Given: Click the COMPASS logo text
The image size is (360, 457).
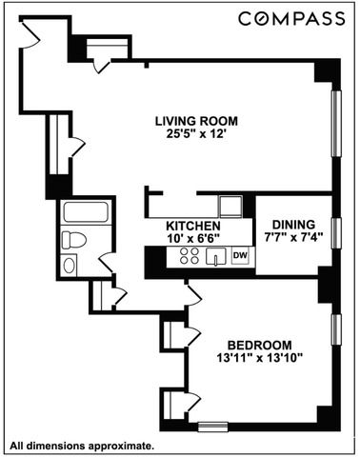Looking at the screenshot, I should tap(290, 19).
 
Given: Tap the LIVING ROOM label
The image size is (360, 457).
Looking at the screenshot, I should tap(197, 121).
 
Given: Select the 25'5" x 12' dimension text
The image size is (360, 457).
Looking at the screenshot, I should tap(197, 135).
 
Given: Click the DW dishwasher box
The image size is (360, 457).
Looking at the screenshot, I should tap(240, 255).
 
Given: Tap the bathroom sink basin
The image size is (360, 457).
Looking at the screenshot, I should tap(70, 265).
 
